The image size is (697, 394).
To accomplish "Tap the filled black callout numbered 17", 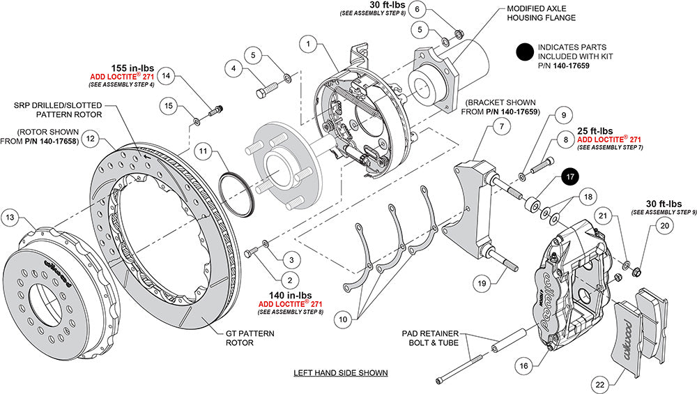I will [570, 176].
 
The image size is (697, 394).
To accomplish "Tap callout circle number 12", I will [89, 139].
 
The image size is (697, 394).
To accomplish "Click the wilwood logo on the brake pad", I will [627, 330].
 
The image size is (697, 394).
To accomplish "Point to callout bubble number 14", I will [167, 74].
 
